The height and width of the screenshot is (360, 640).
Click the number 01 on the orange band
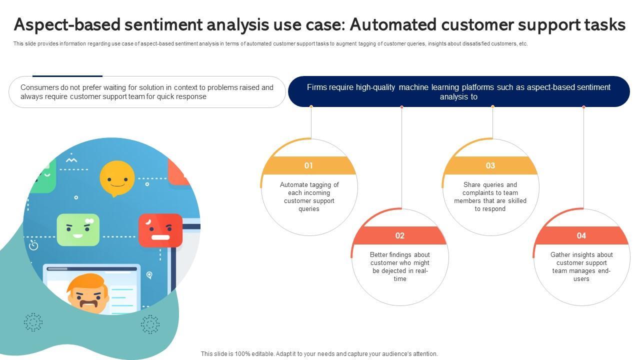[x=308, y=165]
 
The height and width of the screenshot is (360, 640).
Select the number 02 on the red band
[x=399, y=235]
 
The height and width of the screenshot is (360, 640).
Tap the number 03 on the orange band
[x=490, y=165]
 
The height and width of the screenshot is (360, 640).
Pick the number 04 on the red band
[x=581, y=235]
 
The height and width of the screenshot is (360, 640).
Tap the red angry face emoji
[x=160, y=230]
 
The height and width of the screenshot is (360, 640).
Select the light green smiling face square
[x=78, y=230]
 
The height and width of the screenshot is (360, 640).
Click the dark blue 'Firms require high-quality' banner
[x=458, y=92]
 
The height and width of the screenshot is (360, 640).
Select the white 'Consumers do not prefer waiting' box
[x=147, y=92]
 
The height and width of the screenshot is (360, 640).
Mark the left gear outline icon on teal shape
[x=33, y=322]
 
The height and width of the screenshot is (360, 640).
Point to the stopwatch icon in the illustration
[x=34, y=245]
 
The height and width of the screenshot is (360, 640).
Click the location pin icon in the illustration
[x=149, y=275]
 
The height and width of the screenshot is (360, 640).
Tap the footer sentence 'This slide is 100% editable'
[x=319, y=353]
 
